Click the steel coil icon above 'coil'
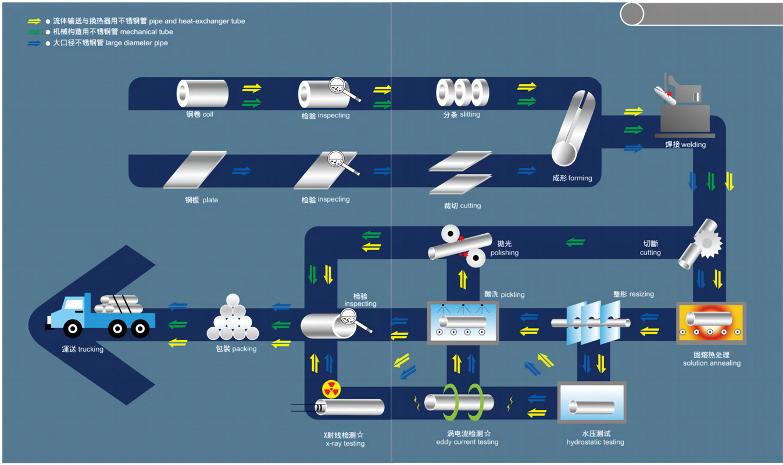(x=202, y=93)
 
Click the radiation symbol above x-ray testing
(x=331, y=389)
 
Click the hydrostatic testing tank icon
(x=592, y=402)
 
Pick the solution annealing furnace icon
(x=711, y=323)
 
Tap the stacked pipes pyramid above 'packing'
(x=233, y=320)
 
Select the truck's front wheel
(x=73, y=329)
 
